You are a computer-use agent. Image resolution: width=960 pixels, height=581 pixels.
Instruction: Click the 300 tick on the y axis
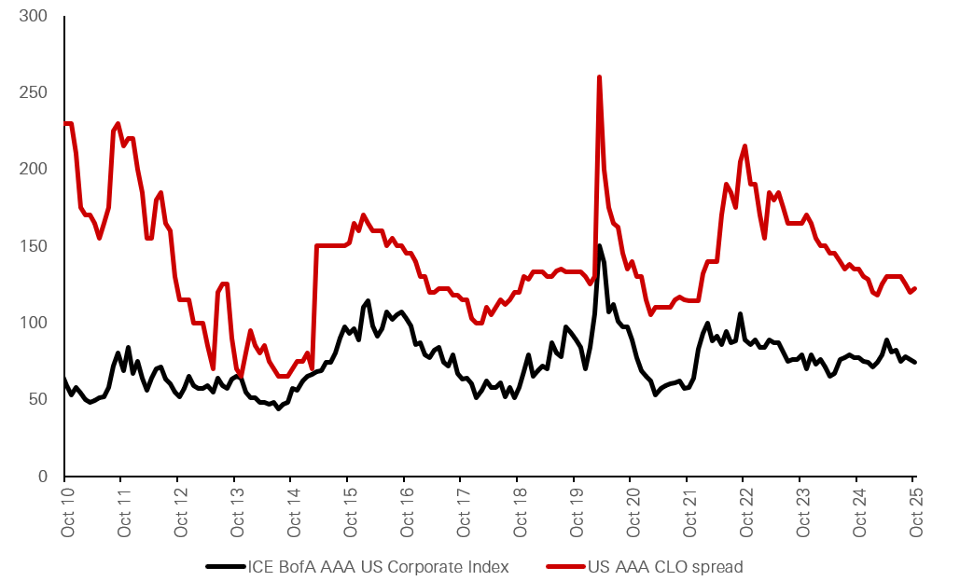tap(35, 17)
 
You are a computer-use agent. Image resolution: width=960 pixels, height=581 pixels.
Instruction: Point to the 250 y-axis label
tap(35, 93)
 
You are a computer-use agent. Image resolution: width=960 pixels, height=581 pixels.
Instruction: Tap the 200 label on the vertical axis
tap(35, 170)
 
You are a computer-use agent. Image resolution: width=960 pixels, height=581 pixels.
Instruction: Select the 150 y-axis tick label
tap(35, 246)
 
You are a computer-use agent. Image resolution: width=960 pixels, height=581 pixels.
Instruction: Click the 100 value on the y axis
tap(35, 323)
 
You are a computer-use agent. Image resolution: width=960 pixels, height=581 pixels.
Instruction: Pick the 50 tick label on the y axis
tap(39, 399)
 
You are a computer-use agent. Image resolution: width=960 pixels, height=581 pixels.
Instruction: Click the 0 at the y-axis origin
tap(44, 477)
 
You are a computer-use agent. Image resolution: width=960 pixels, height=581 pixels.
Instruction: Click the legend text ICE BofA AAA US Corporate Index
tap(378, 566)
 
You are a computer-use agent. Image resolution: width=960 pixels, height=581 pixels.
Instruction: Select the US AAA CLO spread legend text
tap(665, 566)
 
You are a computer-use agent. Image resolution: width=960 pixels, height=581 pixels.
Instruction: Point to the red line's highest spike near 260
tap(598, 77)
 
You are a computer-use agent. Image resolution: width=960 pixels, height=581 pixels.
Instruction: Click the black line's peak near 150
tap(599, 247)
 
